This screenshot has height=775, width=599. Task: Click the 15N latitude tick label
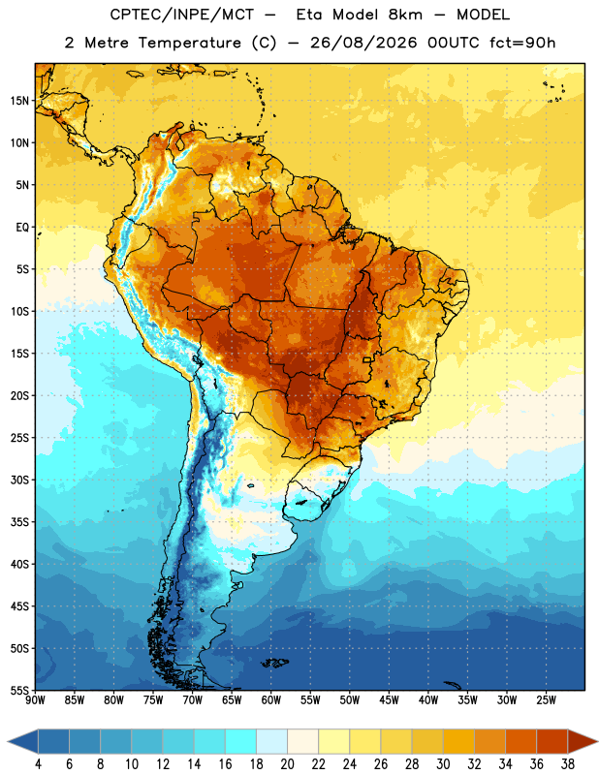point(19,101)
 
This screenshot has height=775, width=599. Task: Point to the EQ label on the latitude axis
point(22,228)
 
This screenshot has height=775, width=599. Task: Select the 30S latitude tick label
point(19,480)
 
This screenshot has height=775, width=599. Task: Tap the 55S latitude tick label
point(19,690)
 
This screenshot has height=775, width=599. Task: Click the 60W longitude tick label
point(271,699)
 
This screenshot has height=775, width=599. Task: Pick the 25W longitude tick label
point(546,699)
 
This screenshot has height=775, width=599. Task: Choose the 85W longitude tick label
point(75,699)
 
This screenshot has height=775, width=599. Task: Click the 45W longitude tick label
point(389,699)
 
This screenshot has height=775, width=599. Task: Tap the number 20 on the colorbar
point(287,764)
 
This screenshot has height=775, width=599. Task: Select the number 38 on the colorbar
point(568,764)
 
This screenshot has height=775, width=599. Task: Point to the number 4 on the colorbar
point(38,764)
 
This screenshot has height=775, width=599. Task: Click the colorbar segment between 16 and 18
point(240,741)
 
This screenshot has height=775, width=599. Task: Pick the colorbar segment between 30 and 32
point(458,741)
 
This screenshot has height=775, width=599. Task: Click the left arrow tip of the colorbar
point(8,741)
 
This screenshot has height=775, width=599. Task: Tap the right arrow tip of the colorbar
point(598,741)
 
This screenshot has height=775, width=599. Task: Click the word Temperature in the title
point(189,43)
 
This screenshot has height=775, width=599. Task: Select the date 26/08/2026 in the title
point(363,43)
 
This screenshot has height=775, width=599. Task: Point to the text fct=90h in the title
point(522,43)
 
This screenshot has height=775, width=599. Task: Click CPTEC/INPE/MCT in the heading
point(182,15)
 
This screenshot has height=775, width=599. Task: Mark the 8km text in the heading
point(405,15)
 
